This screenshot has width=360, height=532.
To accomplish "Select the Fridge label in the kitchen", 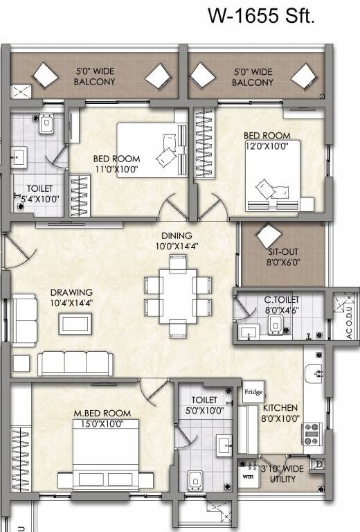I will click(251, 392).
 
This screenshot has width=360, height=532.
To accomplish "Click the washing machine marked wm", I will click(248, 476).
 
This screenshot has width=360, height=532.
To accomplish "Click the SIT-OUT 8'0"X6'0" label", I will click(282, 258).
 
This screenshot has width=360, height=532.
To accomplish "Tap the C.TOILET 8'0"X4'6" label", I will click(281, 305).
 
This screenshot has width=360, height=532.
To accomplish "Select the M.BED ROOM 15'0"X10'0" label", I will click(102, 418).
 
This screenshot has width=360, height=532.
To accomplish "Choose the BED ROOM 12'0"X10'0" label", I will click(267, 141).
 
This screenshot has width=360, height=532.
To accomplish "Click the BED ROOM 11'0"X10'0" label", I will click(116, 163).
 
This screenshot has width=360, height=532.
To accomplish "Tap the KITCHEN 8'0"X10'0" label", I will click(280, 413).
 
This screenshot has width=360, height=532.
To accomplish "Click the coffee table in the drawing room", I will click(73, 323).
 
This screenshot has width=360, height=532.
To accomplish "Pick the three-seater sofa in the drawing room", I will click(75, 363).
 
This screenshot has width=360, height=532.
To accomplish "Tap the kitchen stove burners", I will click(311, 434).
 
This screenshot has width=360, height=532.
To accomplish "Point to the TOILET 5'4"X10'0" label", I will click(39, 193).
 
